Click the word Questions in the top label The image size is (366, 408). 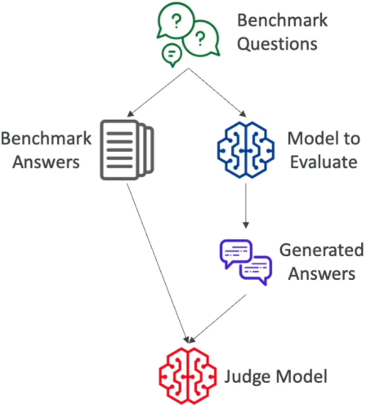pos(277,44)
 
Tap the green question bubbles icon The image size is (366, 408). pos(189,34)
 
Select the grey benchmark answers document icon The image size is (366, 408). pos(127,150)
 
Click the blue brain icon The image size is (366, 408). pos(246,150)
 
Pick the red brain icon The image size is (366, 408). pos(188,375)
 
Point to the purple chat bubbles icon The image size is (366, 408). pos(246,262)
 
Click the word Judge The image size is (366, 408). pos(248,377)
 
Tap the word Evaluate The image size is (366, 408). pos(324,162)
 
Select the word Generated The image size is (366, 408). pos(322,250)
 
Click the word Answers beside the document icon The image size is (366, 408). pos(46,162)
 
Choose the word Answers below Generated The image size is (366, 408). pos(322,273)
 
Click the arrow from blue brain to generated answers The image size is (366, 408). pos(246,206)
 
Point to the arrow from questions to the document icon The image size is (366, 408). pos(158,92)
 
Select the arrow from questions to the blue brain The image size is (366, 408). pos(217,92)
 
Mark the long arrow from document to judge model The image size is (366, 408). pos(158,264)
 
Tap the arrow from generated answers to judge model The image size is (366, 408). pos(217,319)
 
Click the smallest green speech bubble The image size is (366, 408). pos(172,55)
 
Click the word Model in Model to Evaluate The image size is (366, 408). pos(310,139)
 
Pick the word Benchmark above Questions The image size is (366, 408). pos(283,20)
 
